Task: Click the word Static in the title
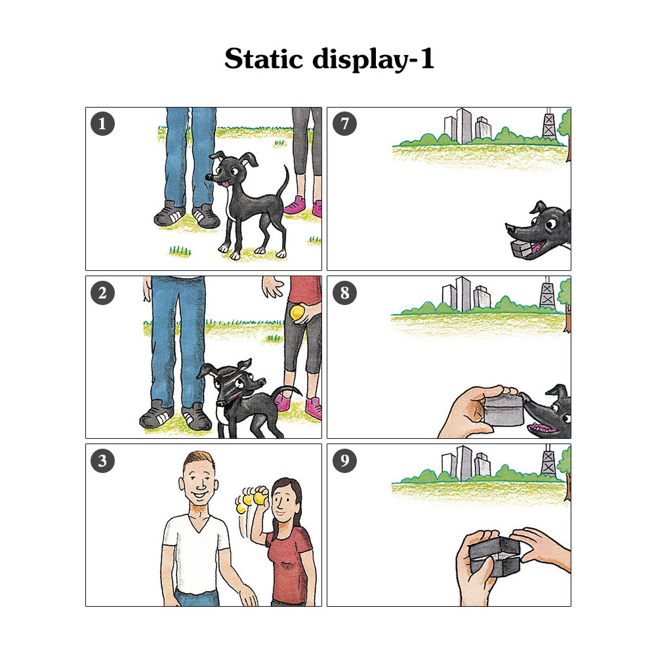pyautogui.click(x=263, y=58)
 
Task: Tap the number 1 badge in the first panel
pyautogui.click(x=102, y=124)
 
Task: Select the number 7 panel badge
pyautogui.click(x=344, y=124)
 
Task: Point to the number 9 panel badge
pyautogui.click(x=344, y=461)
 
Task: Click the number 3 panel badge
pyautogui.click(x=102, y=461)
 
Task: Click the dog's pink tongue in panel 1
pyautogui.click(x=226, y=183)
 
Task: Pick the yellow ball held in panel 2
pyautogui.click(x=297, y=313)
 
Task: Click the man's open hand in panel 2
pyautogui.click(x=273, y=287)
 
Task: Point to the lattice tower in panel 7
pyautogui.click(x=549, y=125)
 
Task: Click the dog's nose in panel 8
pyautogui.click(x=523, y=396)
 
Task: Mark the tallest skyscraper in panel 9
pyautogui.click(x=464, y=464)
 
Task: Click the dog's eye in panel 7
pyautogui.click(x=551, y=224)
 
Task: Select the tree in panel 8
pyautogui.click(x=565, y=304)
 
